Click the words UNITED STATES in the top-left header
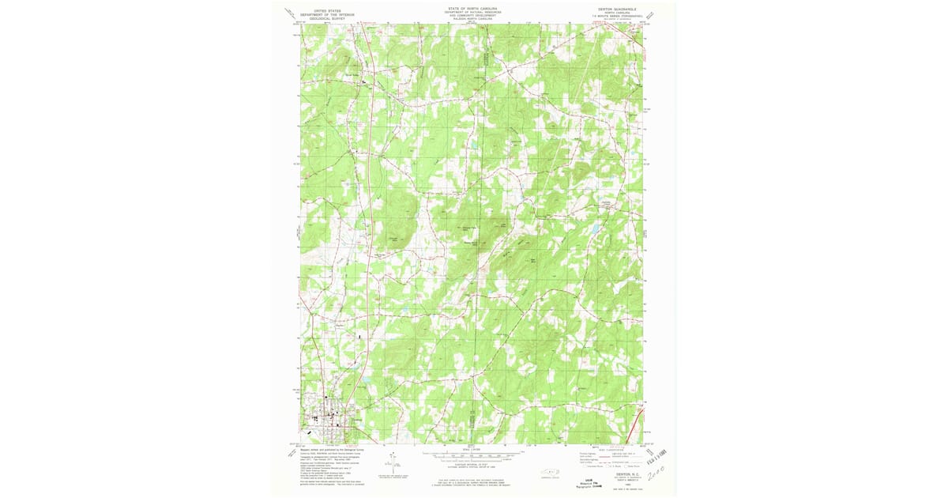pyautogui.click(x=327, y=11)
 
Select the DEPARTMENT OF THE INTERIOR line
pyautogui.click(x=327, y=15)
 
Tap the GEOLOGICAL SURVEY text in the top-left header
pyautogui.click(x=327, y=19)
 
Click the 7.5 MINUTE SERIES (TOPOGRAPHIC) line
pyautogui.click(x=615, y=18)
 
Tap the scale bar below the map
pyautogui.click(x=473, y=455)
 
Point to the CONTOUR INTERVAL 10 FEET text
pyautogui.click(x=473, y=462)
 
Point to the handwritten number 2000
pyautogui.click(x=658, y=473)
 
